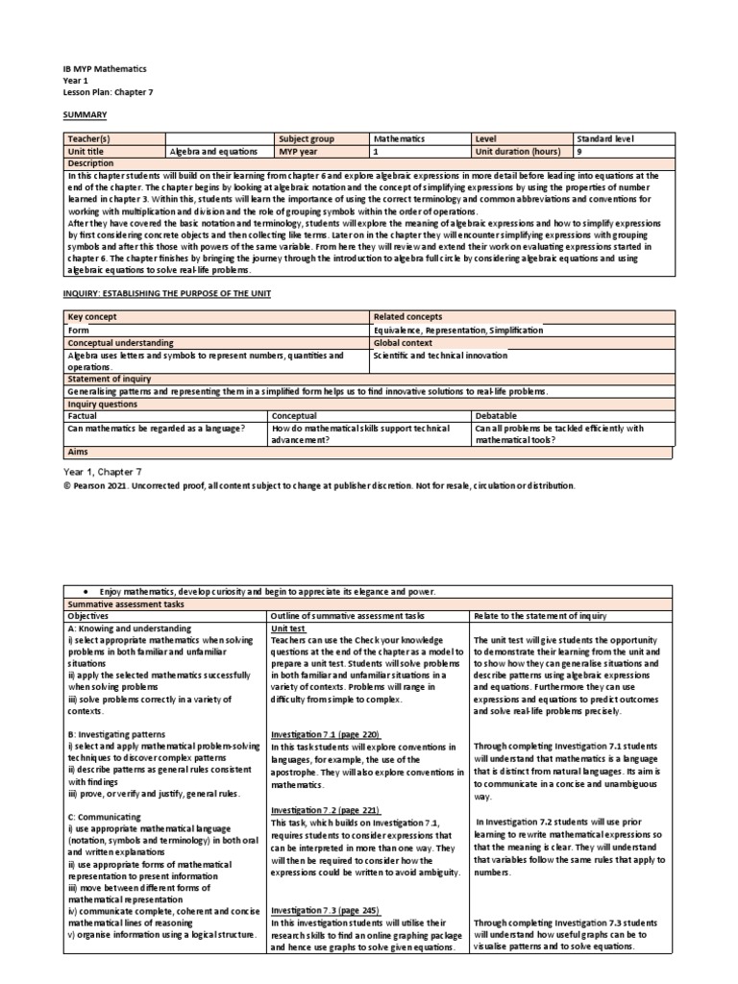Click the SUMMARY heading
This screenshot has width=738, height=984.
(83, 113)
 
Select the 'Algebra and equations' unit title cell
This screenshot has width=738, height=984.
(212, 151)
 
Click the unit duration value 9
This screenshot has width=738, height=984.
(578, 151)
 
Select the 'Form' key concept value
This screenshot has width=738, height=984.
(78, 330)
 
